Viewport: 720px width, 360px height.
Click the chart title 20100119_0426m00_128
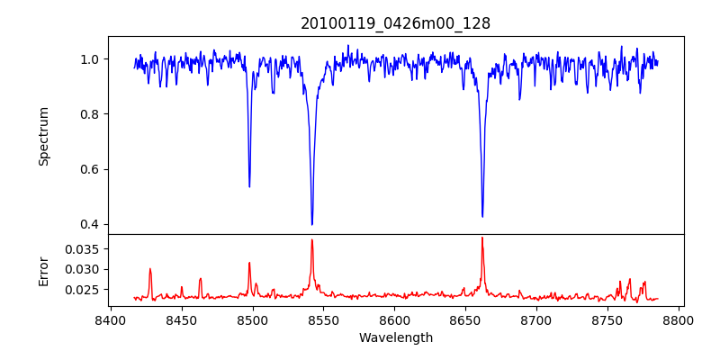pyautogui.click(x=395, y=23)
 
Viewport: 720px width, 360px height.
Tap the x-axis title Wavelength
pyautogui.click(x=395, y=338)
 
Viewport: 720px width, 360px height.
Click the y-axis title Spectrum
pyautogui.click(x=43, y=136)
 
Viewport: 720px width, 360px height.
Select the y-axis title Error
pyautogui.click(x=43, y=269)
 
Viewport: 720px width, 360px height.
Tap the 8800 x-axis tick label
pyautogui.click(x=679, y=319)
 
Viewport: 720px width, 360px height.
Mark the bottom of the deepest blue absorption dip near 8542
pyautogui.click(x=312, y=224)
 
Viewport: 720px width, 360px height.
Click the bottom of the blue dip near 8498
pyautogui.click(x=249, y=186)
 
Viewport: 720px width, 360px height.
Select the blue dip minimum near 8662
pyautogui.click(x=482, y=216)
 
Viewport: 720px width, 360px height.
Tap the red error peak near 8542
pyautogui.click(x=312, y=239)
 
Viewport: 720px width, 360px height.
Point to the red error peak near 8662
pyautogui.click(x=482, y=238)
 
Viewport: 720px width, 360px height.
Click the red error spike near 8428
pyautogui.click(x=150, y=269)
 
